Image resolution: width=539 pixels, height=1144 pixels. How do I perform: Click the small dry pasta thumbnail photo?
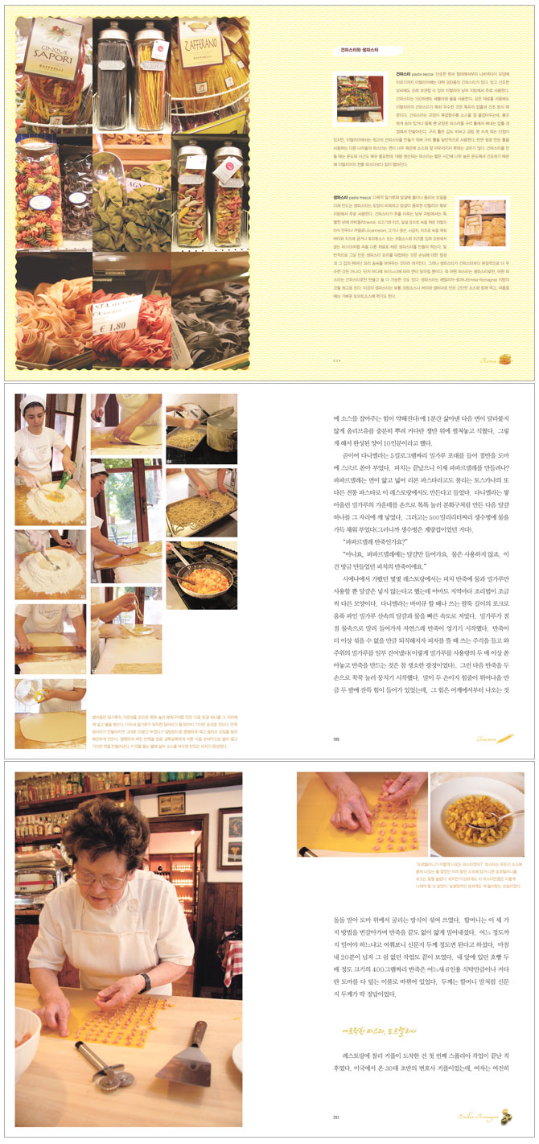tap(360, 100)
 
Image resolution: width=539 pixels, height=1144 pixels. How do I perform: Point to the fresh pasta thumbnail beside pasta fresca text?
tap(483, 223)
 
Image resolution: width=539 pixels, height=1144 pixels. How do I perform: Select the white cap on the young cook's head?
tap(33, 400)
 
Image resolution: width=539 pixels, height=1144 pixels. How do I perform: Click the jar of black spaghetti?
tap(113, 68)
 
